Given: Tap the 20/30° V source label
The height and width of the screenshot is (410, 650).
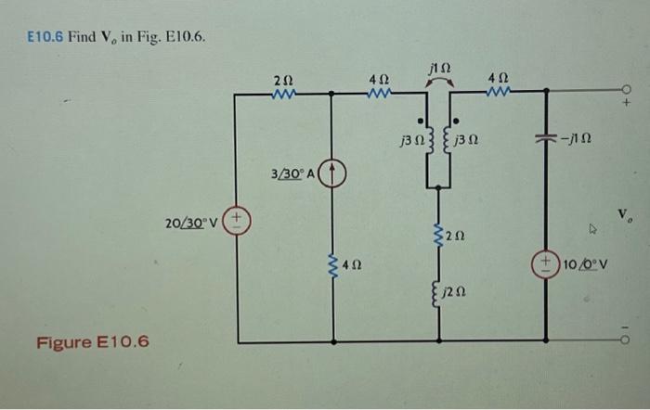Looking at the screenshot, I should pos(193,224).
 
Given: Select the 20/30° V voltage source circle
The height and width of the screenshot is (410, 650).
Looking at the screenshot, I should pos(239,224).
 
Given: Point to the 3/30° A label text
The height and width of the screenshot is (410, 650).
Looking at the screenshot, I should pos(294,173).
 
